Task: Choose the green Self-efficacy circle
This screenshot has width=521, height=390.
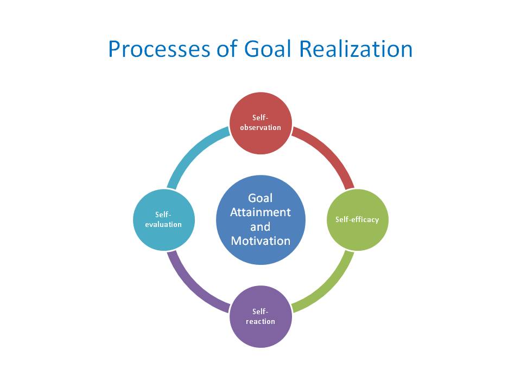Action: point(357,219)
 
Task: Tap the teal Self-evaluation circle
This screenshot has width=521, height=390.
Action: point(163,219)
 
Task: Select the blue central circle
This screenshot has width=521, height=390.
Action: point(260,219)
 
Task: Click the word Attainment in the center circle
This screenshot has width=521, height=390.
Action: point(260,212)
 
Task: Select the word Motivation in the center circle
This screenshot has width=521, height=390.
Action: point(260,240)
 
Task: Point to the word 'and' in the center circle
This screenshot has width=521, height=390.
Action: point(260,226)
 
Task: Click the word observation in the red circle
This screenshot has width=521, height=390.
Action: point(260,127)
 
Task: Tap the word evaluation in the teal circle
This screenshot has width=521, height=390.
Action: point(163,224)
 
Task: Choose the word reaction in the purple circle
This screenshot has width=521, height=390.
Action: point(260,321)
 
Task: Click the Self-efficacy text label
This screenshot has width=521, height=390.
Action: point(357,219)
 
